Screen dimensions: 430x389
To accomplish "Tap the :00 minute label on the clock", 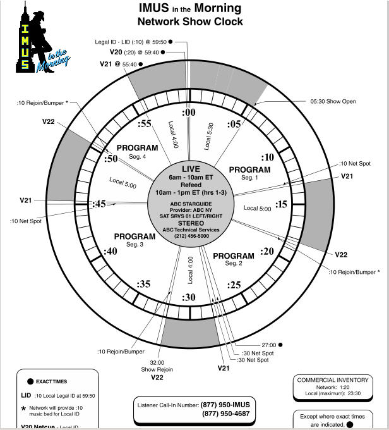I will coord(189,113).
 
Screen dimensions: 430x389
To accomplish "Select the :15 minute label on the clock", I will coord(281,204).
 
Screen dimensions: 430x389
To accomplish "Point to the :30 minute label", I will coord(189,297).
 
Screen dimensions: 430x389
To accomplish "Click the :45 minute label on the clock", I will coord(99,204).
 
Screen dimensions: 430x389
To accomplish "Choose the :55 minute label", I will coord(145,125).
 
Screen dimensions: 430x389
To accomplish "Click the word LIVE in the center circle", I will coord(191,169).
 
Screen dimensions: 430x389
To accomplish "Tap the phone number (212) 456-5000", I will coord(191,235).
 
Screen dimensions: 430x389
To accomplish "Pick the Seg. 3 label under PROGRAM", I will coord(135,244).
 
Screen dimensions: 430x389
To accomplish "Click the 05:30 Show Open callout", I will coord(333,101).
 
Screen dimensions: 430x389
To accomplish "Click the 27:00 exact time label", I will coord(267,345).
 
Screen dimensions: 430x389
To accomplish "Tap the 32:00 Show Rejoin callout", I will coord(157,365).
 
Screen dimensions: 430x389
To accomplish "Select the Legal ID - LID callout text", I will coord(131,41).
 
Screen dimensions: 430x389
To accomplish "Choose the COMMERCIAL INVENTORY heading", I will coord(333,380).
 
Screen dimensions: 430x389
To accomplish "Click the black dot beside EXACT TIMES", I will coord(30,382).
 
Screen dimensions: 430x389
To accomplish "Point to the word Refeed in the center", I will coord(191,185).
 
